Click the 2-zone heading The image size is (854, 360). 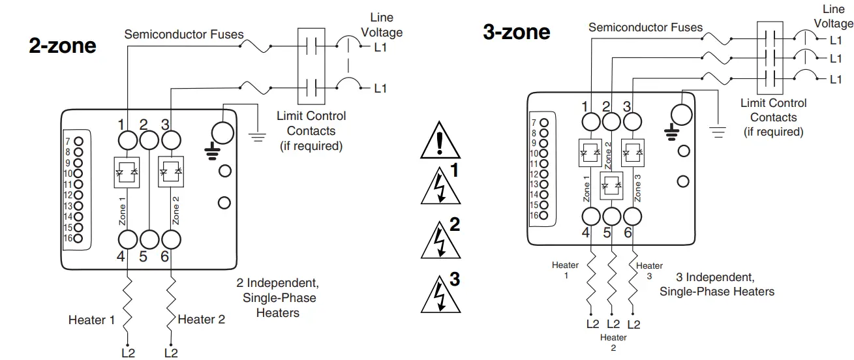pyautogui.click(x=63, y=46)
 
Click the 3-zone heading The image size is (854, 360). pyautogui.click(x=516, y=31)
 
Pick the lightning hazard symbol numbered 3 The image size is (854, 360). pyautogui.click(x=436, y=295)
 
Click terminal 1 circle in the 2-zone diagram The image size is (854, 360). pyautogui.click(x=127, y=140)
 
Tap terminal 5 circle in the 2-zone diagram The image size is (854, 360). pyautogui.click(x=149, y=239)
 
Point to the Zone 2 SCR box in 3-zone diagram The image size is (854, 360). pyautogui.click(x=611, y=185)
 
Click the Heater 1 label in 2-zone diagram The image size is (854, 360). pyautogui.click(x=91, y=320)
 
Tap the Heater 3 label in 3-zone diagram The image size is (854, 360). pyautogui.click(x=649, y=271)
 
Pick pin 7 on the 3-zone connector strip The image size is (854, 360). pyautogui.click(x=544, y=123)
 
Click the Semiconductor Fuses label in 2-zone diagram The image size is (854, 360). pyautogui.click(x=184, y=34)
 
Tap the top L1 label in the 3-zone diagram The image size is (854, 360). pyautogui.click(x=835, y=40)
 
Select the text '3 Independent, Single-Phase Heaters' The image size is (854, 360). pyautogui.click(x=716, y=284)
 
